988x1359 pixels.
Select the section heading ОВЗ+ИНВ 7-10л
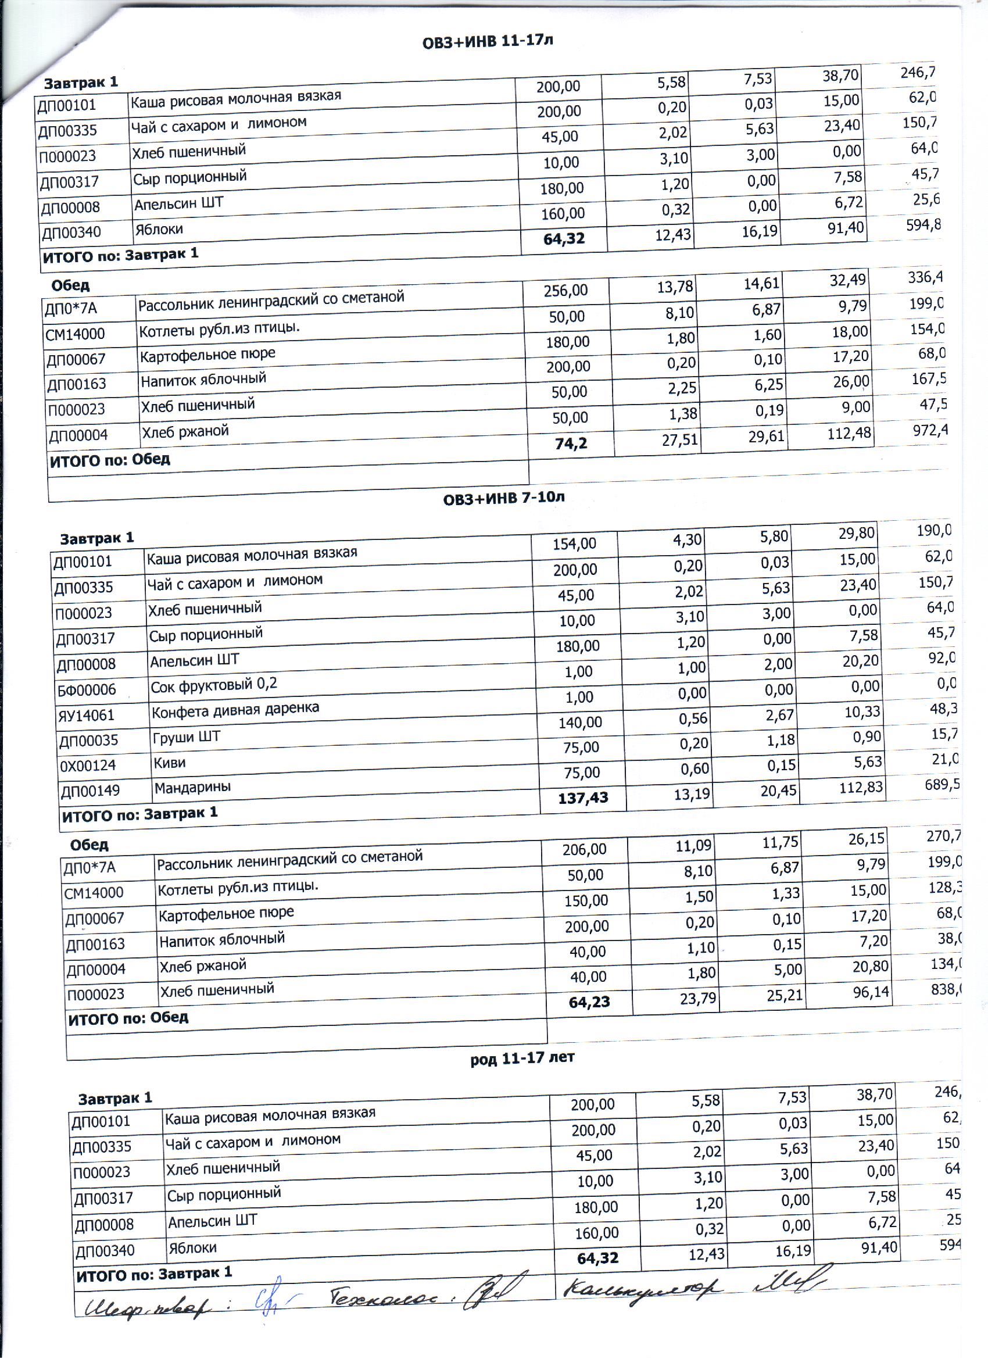point(504,498)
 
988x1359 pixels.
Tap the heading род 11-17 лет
point(522,1057)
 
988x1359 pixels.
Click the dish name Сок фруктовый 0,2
point(214,685)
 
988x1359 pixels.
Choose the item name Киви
point(170,763)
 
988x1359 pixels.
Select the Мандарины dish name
point(192,788)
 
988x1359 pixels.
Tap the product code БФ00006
point(87,690)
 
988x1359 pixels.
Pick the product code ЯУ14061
point(85,716)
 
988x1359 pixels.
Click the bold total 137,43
point(583,797)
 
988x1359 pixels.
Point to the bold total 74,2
point(571,444)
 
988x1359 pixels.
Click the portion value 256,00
point(565,291)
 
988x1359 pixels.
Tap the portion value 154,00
point(574,543)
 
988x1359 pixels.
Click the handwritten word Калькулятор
point(643,1288)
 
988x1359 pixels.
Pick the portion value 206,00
point(584,849)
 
